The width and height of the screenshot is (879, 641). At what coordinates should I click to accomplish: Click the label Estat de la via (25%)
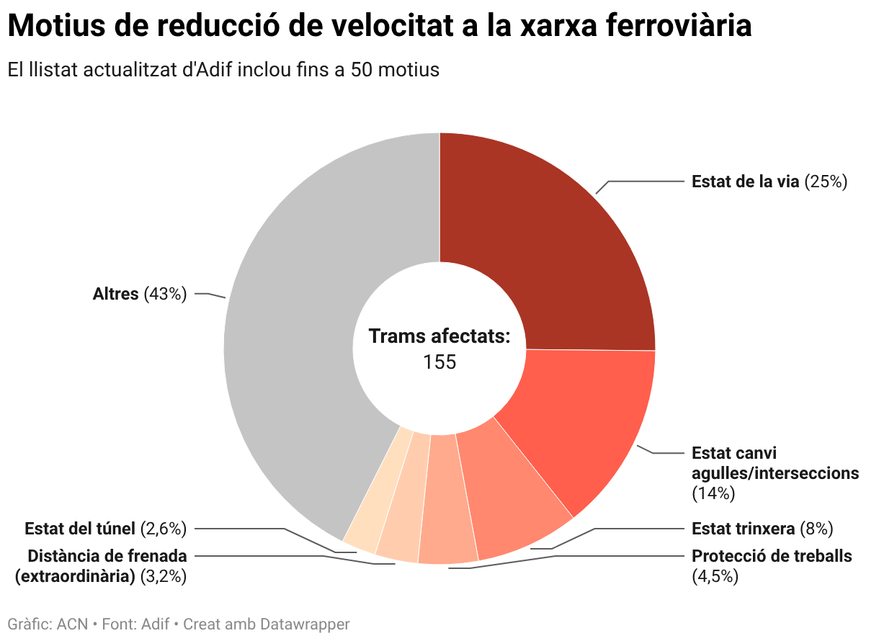(769, 181)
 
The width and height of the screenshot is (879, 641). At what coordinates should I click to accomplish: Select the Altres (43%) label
(140, 294)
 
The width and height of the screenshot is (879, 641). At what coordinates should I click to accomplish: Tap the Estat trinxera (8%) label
(762, 529)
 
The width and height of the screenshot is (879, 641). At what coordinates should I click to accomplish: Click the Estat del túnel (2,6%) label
(105, 529)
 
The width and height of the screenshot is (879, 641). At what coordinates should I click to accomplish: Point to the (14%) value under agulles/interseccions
(713, 493)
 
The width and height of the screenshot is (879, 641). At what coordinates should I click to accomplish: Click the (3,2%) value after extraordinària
(163, 576)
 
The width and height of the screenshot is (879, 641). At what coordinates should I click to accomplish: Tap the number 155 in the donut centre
(439, 362)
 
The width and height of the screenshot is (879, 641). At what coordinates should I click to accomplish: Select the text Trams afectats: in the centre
(439, 336)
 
